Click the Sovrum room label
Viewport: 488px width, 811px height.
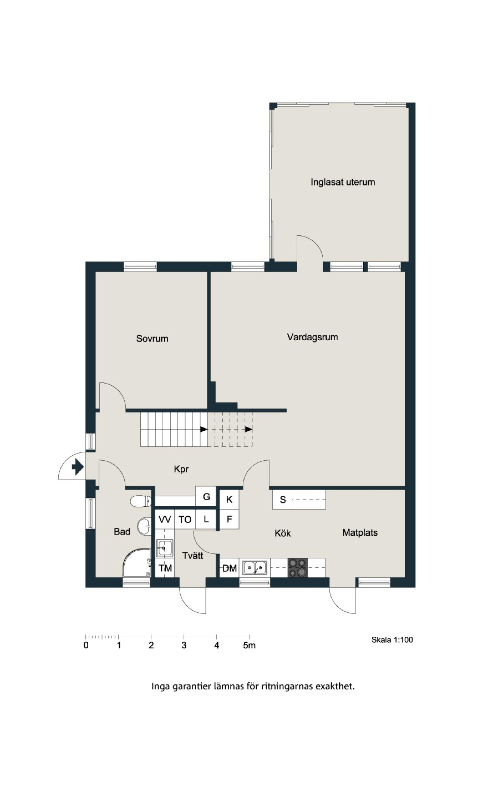(x=152, y=339)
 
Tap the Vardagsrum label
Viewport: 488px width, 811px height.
(x=312, y=337)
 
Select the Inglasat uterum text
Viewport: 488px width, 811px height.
(x=343, y=182)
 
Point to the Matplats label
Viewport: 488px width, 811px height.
(x=360, y=533)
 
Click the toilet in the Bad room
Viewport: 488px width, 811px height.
(x=141, y=501)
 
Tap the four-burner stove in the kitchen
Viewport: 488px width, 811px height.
(x=298, y=567)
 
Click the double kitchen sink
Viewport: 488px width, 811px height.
(x=255, y=568)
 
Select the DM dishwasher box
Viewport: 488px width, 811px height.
(x=229, y=568)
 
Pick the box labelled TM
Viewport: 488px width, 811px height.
(x=165, y=568)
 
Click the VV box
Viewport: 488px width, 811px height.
(x=164, y=519)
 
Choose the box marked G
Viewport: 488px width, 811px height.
(x=206, y=496)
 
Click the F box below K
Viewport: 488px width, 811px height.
(x=229, y=519)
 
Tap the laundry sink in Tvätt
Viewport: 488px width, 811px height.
(x=164, y=548)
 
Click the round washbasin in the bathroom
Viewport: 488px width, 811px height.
(x=144, y=527)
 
